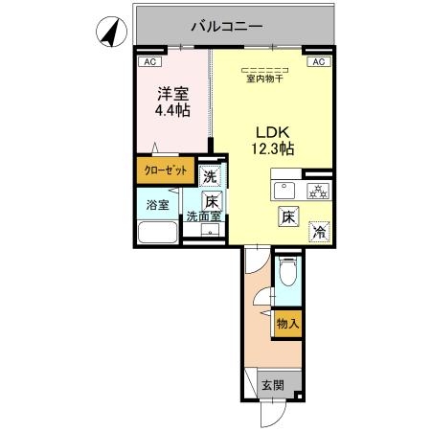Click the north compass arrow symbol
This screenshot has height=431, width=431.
click(111, 32)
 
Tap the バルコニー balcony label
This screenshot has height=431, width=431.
click(227, 26)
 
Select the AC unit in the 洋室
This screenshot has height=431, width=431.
click(149, 61)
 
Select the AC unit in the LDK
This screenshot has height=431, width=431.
click(319, 61)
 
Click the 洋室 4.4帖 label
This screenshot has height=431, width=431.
click(172, 102)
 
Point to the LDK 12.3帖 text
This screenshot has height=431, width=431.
click(273, 141)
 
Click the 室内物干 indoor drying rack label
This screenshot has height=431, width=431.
click(264, 79)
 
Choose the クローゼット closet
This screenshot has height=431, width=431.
click(166, 170)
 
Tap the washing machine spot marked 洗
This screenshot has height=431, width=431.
click(210, 176)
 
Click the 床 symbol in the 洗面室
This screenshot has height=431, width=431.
click(212, 201)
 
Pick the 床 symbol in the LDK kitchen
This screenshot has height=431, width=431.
click(288, 216)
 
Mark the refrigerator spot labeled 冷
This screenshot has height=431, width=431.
click(319, 232)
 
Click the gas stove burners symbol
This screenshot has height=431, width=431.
click(318, 192)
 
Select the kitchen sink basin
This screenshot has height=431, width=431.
click(284, 191)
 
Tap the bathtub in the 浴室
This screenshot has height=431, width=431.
click(158, 232)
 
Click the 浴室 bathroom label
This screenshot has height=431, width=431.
click(158, 205)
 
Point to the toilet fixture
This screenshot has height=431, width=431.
click(287, 271)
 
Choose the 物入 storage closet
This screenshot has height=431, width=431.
click(287, 324)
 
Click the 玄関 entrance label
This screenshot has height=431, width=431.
click(273, 385)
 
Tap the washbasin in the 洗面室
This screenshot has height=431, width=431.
click(210, 230)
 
